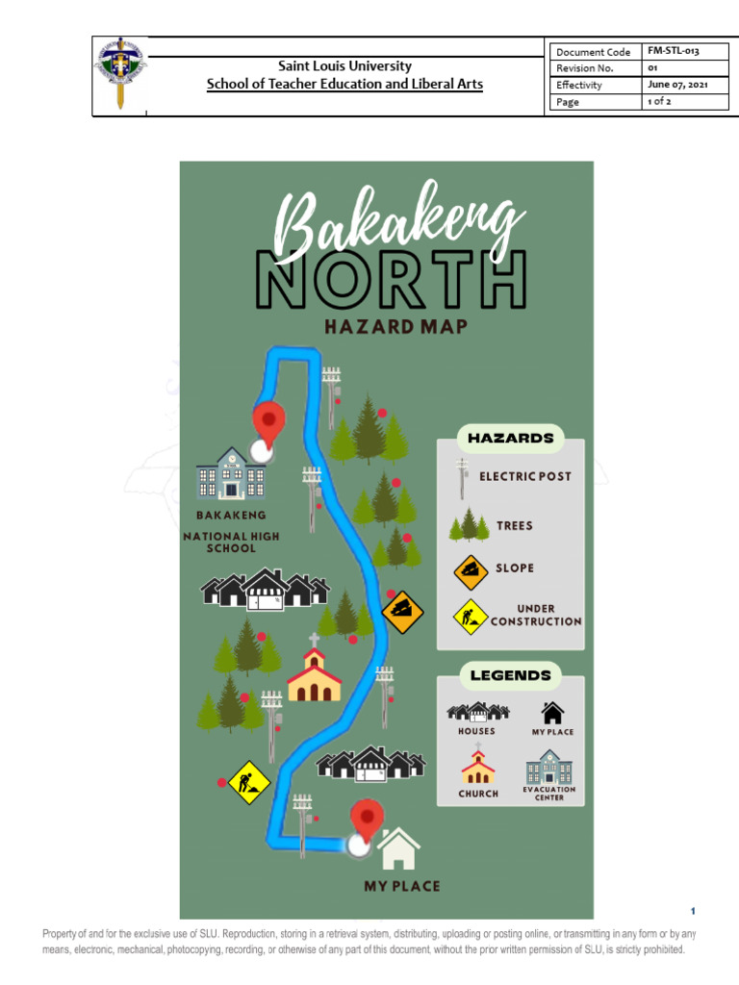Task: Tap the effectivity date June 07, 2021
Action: [x=677, y=85]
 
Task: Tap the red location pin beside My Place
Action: [x=367, y=820]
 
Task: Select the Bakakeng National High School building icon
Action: [x=231, y=473]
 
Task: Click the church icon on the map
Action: [x=314, y=670]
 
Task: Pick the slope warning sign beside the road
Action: [x=402, y=612]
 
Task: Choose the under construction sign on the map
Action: [x=248, y=782]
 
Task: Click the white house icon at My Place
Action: [x=398, y=849]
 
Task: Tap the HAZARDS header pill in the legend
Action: [x=510, y=439]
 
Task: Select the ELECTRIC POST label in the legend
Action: [x=525, y=476]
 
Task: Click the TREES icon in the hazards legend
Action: [x=469, y=525]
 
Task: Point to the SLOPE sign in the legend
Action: [x=471, y=571]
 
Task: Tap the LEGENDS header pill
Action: [x=510, y=675]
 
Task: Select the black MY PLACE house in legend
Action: [x=552, y=713]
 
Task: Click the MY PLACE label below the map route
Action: [x=401, y=886]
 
